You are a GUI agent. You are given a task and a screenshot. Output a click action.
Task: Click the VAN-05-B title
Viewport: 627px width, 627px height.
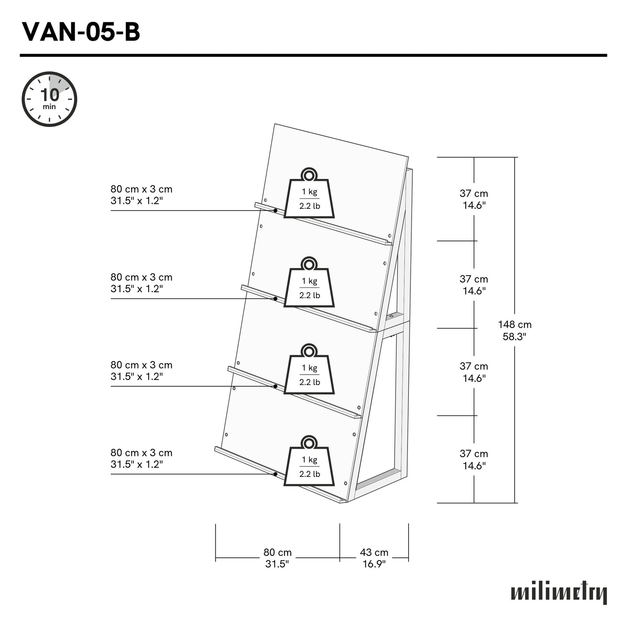[81, 33]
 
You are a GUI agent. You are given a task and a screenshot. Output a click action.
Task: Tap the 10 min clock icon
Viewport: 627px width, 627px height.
[49, 99]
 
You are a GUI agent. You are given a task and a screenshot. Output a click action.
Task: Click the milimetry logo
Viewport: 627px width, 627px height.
[558, 594]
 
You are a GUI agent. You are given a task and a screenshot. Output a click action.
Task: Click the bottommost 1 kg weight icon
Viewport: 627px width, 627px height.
[309, 465]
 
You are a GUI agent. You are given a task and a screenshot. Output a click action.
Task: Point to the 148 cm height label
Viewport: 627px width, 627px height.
[514, 330]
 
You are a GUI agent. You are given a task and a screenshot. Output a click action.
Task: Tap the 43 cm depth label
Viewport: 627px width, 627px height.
[374, 558]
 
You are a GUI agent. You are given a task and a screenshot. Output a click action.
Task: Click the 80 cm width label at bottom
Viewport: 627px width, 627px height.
[277, 558]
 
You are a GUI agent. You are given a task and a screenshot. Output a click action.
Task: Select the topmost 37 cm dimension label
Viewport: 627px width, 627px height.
[474, 199]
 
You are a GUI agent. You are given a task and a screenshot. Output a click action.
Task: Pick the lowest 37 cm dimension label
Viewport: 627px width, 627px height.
[474, 459]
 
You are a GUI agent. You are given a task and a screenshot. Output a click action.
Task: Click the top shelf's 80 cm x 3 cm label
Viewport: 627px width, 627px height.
[141, 195]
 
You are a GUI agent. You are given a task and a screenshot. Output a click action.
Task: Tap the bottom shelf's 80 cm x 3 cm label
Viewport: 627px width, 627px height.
[141, 458]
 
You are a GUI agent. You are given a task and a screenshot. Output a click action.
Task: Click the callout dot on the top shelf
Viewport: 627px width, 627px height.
[275, 211]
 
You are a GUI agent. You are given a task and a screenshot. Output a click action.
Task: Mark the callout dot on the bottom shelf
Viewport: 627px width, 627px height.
[275, 474]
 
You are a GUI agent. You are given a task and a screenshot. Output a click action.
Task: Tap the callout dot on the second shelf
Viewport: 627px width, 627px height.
[275, 299]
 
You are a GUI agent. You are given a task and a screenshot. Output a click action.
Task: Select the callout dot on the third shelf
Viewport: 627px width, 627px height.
[275, 386]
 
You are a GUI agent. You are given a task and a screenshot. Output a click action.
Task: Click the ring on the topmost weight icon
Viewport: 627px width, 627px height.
[309, 176]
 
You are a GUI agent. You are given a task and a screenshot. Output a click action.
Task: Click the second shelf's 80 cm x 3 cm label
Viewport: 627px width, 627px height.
[141, 283]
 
